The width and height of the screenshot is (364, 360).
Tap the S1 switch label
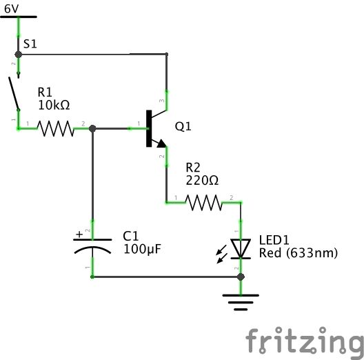pyautogui.click(x=30, y=43)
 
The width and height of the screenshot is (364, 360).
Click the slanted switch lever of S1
pyautogui.click(x=12, y=92)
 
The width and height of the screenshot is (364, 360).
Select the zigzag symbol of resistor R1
pyautogui.click(x=55, y=128)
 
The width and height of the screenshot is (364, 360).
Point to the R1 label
pyautogui.click(x=45, y=92)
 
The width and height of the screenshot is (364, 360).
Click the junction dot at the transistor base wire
pyautogui.click(x=93, y=128)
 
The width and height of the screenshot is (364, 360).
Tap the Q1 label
pyautogui.click(x=183, y=127)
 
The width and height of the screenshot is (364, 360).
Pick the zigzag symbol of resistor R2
pyautogui.click(x=203, y=202)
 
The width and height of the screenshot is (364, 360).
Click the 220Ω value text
pyautogui.click(x=202, y=181)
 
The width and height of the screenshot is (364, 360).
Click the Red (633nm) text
pyautogui.click(x=298, y=253)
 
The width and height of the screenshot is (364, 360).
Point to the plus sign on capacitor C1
pyautogui.click(x=80, y=234)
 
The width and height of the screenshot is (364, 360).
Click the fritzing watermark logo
pyautogui.click(x=304, y=341)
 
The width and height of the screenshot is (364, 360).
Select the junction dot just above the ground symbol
pyautogui.click(x=240, y=277)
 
